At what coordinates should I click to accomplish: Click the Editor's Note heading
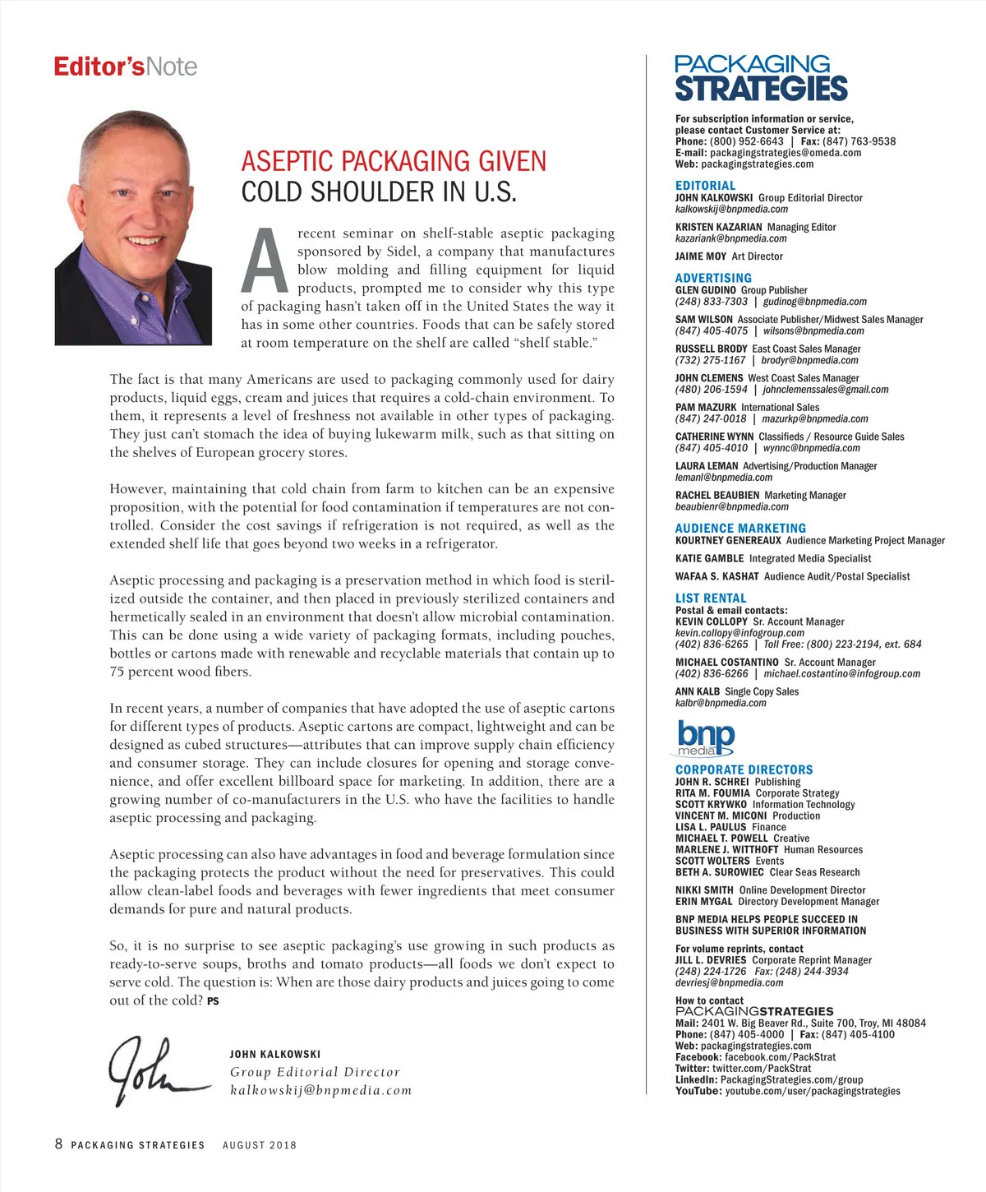126,67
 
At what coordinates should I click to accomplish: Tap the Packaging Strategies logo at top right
760,78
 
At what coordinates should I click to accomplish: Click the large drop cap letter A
265,261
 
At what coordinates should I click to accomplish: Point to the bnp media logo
706,737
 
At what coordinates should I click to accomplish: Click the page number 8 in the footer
58,1143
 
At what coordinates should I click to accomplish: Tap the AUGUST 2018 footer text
260,1144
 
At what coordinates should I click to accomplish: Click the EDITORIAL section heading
705,186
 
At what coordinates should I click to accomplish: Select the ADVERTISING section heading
713,278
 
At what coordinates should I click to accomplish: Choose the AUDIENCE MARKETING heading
740,528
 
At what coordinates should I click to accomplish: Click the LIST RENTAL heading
711,598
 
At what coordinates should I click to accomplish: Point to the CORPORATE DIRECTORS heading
744,769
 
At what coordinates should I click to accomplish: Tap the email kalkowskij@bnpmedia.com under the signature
320,1090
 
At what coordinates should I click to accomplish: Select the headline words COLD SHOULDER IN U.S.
379,192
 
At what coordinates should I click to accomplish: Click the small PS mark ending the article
213,1001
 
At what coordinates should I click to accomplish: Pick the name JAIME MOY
701,256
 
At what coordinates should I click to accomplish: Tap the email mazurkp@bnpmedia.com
814,418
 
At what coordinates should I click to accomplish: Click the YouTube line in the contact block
787,1091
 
